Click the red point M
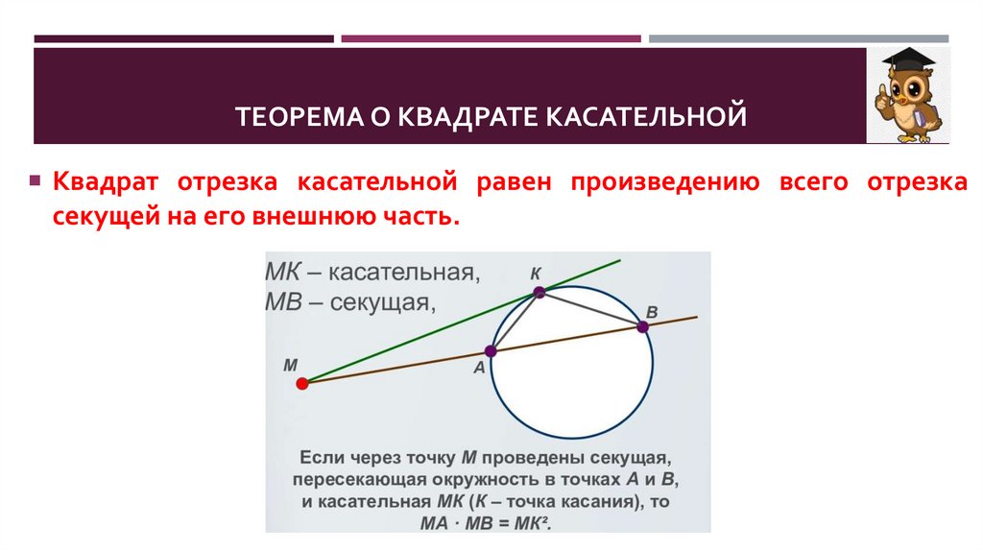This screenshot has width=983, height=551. [x=301, y=384]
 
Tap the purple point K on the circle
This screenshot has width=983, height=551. [x=539, y=292]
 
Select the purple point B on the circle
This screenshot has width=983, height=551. [x=642, y=326]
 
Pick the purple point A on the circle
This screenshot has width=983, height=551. [x=490, y=352]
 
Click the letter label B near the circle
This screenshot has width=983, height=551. [x=652, y=312]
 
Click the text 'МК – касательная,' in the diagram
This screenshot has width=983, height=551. [x=372, y=273]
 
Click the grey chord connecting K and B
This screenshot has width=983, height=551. [x=591, y=309]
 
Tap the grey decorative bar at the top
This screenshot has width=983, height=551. [x=798, y=39]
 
